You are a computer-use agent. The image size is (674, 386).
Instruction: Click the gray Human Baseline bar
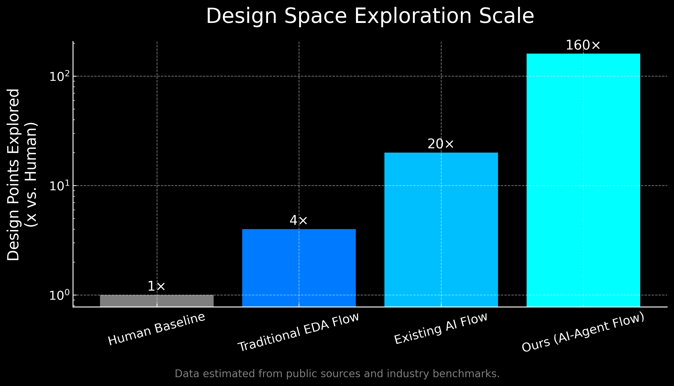pyautogui.click(x=156, y=301)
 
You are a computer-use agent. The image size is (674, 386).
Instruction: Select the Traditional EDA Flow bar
pyautogui.click(x=299, y=268)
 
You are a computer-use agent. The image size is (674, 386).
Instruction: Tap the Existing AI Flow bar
pyautogui.click(x=441, y=230)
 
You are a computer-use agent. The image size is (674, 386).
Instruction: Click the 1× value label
pyautogui.click(x=156, y=287)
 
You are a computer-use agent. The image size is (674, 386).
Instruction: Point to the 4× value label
pyautogui.click(x=299, y=220)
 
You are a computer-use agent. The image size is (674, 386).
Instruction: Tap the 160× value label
pyautogui.click(x=583, y=45)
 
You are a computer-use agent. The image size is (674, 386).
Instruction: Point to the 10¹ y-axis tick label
pyautogui.click(x=60, y=186)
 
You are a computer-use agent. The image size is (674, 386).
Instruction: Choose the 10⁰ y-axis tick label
pyautogui.click(x=60, y=295)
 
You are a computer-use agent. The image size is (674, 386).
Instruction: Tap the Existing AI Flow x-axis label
pyautogui.click(x=441, y=329)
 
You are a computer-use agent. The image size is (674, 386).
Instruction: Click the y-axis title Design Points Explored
pyautogui.click(x=13, y=175)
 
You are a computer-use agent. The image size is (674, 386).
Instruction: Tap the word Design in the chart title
pyautogui.click(x=242, y=16)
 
